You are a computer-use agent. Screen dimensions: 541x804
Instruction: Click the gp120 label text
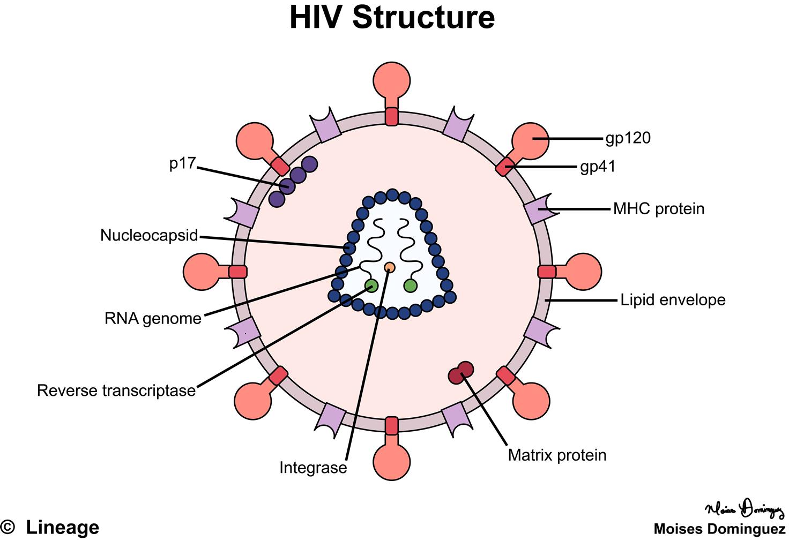[628, 138]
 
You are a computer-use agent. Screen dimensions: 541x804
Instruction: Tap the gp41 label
[598, 167]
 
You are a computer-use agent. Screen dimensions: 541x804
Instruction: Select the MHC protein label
[658, 208]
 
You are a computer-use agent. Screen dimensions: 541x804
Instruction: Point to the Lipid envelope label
[673, 299]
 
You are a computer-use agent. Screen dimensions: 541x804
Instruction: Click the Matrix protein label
[557, 455]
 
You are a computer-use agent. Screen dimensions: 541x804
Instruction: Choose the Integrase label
[313, 468]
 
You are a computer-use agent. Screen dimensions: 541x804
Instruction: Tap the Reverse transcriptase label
[116, 390]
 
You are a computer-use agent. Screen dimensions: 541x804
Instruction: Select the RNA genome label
[153, 318]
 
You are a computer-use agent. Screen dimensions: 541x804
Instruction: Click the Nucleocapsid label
[149, 235]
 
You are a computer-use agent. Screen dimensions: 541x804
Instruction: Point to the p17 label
[183, 163]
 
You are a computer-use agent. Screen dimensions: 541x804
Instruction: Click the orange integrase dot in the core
[390, 267]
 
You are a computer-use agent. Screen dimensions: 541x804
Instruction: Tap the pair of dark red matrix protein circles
[461, 373]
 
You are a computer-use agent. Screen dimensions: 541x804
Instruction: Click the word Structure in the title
[423, 18]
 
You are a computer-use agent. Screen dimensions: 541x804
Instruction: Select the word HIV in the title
[316, 18]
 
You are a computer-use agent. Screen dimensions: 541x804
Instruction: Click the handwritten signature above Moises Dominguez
[745, 509]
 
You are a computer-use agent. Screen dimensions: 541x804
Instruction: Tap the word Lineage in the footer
[63, 528]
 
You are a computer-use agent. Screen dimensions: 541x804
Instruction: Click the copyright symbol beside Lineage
[8, 528]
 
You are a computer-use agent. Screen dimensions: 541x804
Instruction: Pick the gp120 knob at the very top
[392, 80]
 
